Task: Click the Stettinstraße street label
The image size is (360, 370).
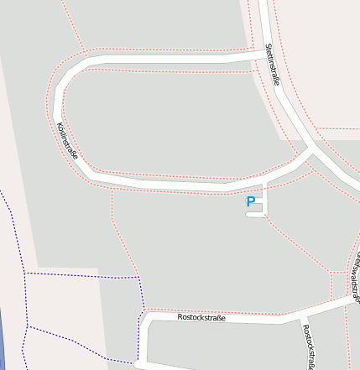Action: point(271,65)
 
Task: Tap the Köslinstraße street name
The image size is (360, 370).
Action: point(66,140)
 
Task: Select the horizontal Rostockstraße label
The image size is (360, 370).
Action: point(201,317)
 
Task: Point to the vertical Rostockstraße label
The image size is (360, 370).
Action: point(309,347)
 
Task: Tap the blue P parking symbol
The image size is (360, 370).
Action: point(250,201)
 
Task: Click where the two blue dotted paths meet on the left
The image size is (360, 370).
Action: point(26,274)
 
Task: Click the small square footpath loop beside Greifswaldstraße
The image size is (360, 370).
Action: point(340,285)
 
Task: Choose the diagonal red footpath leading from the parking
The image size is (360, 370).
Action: point(298,244)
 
